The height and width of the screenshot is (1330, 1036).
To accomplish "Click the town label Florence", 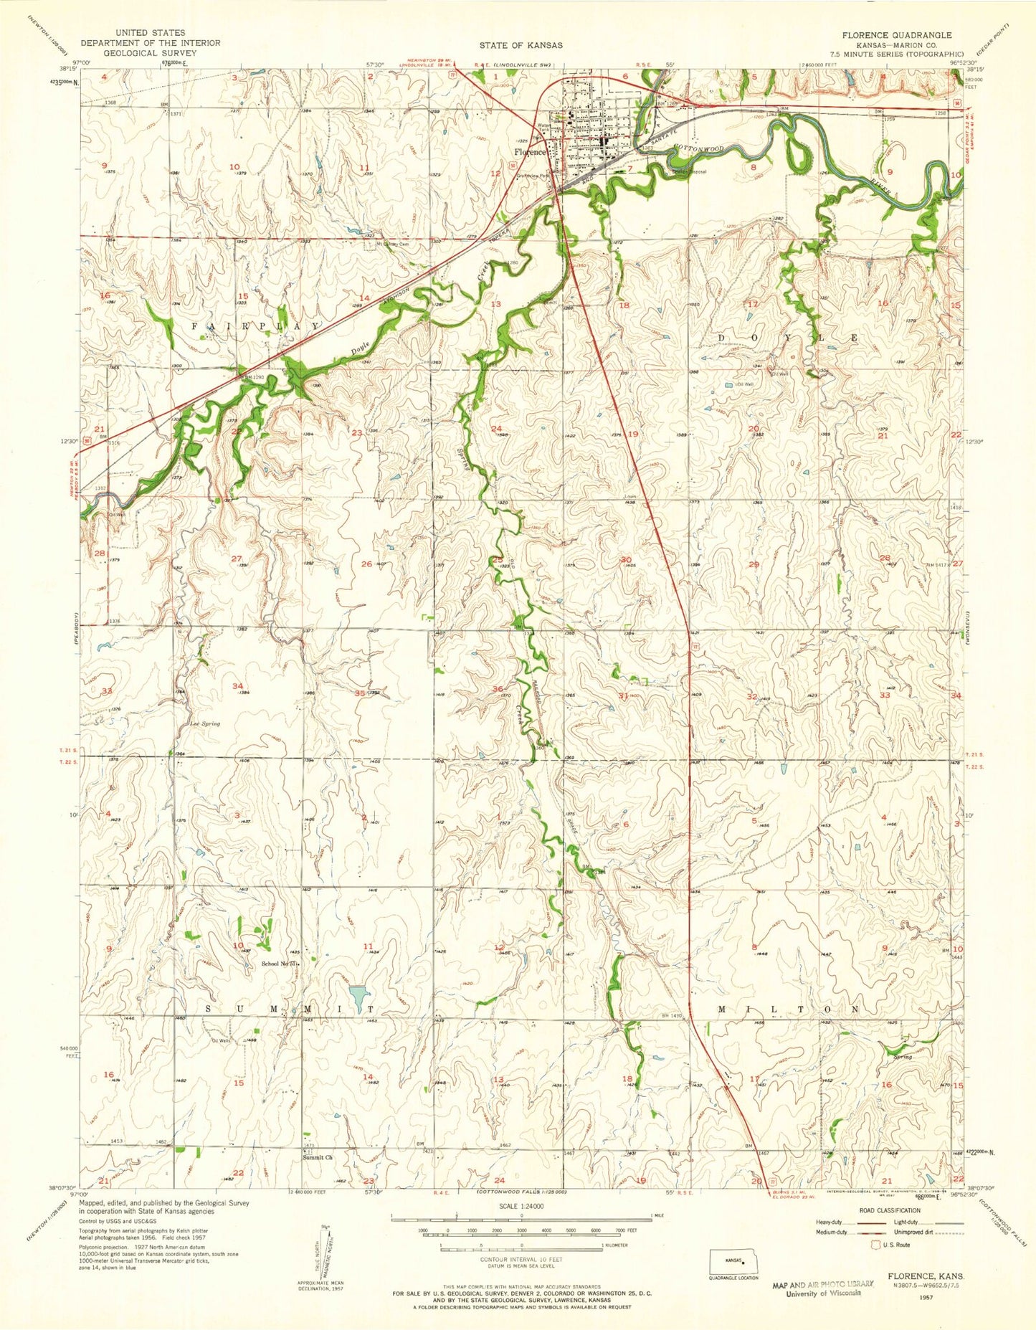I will [529, 153].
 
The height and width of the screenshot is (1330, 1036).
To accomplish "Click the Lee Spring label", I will [205, 723].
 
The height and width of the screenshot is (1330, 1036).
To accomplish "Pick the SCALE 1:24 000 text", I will [521, 1207].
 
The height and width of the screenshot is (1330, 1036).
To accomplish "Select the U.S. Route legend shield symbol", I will [876, 1245].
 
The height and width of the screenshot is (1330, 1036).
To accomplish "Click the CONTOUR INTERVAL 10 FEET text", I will [521, 1259].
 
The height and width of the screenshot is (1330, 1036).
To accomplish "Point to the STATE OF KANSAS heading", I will [521, 44].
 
